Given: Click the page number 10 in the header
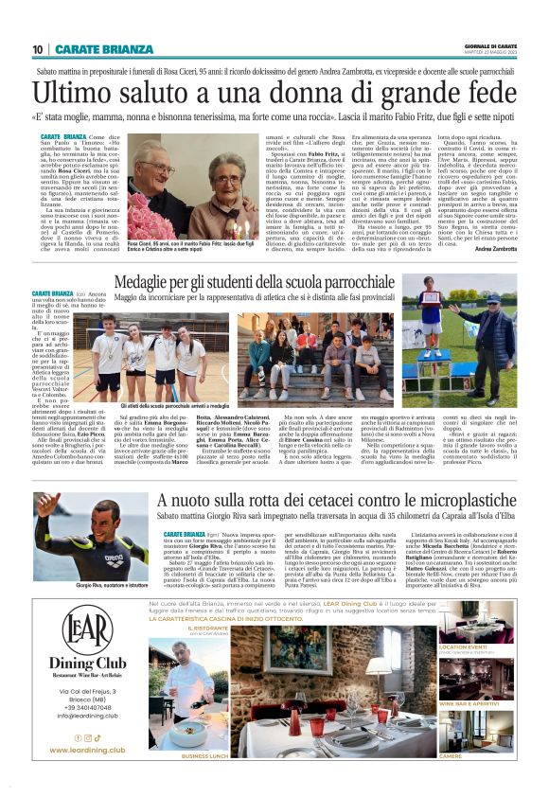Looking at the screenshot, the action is pos(38,49).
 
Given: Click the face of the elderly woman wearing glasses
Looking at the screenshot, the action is pos(221,186).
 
